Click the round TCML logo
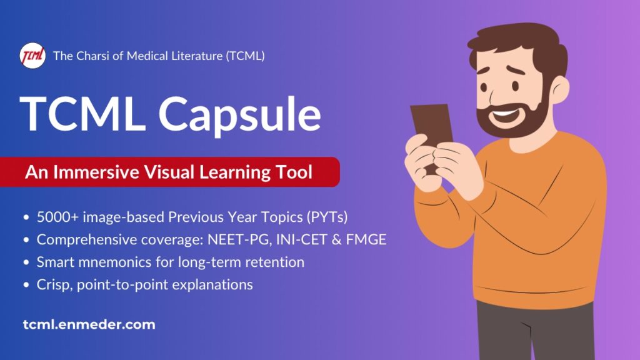[32, 56]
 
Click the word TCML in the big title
[82, 114]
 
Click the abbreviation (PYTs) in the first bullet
[327, 217]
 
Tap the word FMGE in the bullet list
[366, 239]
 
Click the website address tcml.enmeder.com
[89, 324]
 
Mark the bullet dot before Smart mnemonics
[26, 262]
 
